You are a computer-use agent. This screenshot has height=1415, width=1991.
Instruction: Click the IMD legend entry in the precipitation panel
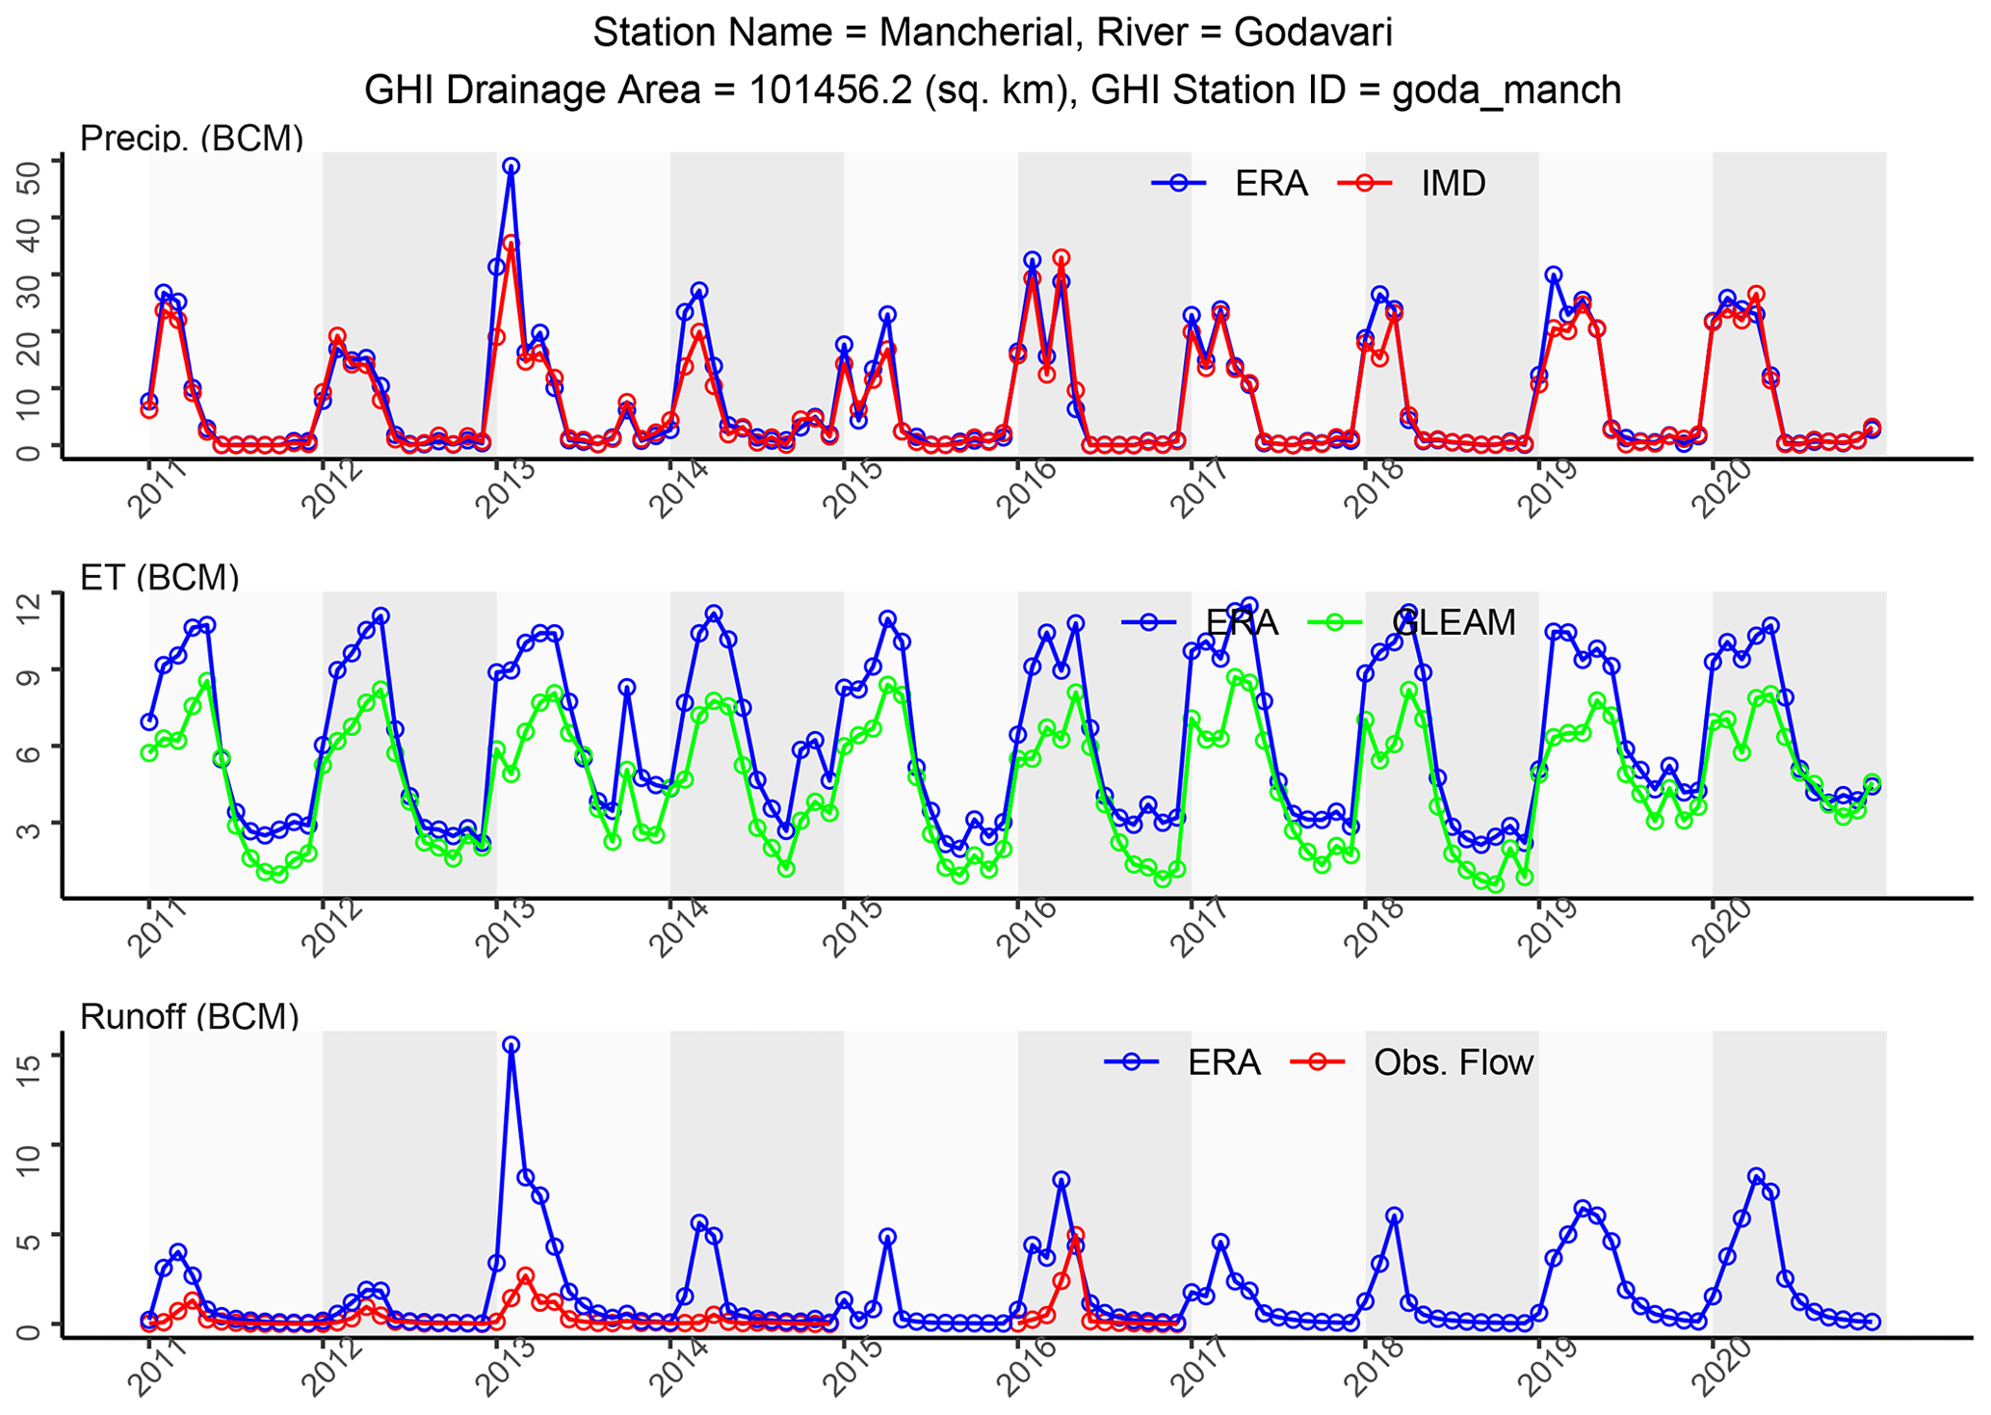[1453, 183]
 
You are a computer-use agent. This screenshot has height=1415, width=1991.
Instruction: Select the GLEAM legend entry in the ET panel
[1453, 623]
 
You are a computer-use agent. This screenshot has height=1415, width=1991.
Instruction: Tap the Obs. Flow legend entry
[1453, 1062]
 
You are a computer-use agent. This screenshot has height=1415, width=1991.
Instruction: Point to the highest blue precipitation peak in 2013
[511, 167]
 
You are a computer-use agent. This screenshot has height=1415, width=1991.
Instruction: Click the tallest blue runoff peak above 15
[511, 1045]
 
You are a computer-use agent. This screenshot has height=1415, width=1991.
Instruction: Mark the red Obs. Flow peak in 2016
[1076, 1235]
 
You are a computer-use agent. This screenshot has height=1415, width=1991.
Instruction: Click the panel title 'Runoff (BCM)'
[189, 1017]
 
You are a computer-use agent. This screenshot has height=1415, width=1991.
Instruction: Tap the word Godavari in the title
[1312, 34]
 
